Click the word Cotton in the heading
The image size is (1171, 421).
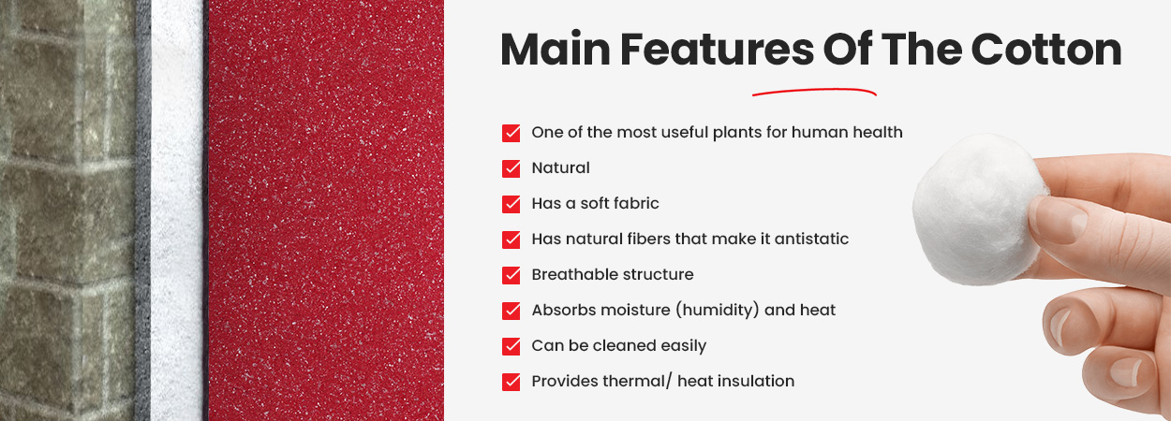pos(1046,50)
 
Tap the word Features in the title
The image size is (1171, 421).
pos(718,50)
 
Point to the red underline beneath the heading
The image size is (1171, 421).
pos(814,92)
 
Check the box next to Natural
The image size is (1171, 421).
pos(511,168)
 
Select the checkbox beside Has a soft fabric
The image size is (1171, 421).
pos(511,204)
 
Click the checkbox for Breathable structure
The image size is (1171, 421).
pos(511,275)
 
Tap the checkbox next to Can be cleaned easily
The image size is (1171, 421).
pos(511,346)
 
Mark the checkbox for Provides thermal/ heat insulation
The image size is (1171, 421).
pos(511,382)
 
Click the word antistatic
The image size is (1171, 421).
pos(811,239)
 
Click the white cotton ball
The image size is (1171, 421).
pos(979,210)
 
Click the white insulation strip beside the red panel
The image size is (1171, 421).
pos(177,210)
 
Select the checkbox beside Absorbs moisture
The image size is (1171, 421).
pos(511,311)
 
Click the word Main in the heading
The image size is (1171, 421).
pos(556,50)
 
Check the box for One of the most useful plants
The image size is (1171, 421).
pos(511,133)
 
